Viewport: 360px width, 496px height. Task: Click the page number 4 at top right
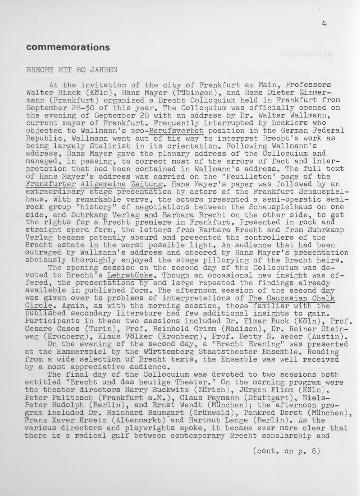324,24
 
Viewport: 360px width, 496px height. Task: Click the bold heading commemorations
68,47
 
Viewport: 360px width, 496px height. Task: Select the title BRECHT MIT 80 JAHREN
72,70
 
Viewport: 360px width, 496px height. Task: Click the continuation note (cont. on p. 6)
286,451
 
